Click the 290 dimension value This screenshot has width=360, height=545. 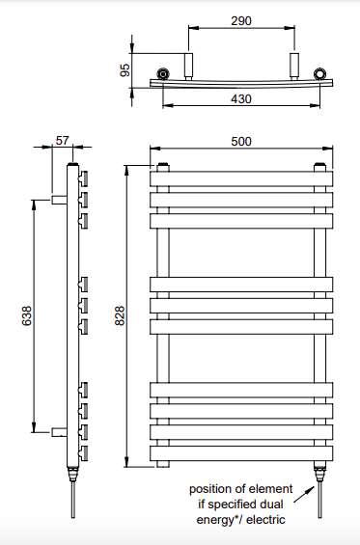point(241,21)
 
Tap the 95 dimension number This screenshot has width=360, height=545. point(125,70)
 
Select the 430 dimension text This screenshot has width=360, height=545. point(241,99)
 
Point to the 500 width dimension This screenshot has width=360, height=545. point(241,142)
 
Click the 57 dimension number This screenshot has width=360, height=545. point(63,141)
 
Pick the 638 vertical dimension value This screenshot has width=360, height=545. point(27,315)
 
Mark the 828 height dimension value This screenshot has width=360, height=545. point(120,315)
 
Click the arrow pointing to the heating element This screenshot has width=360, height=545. point(304,494)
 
